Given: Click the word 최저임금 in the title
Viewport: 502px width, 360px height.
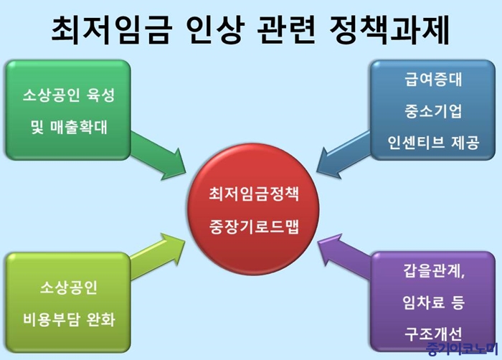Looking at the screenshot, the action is [x=110, y=29].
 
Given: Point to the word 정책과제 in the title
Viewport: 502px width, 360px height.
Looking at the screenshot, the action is [x=389, y=29].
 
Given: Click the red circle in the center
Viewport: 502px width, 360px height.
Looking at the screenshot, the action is [x=253, y=209].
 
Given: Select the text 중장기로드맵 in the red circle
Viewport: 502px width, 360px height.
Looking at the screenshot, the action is [x=254, y=227].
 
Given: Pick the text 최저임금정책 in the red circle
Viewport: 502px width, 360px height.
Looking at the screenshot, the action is [x=254, y=194].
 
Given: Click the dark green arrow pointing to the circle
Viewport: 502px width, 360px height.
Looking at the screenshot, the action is [x=158, y=155].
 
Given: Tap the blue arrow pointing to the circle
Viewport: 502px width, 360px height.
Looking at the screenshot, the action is [x=344, y=154].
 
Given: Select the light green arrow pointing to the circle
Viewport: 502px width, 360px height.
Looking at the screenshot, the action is [x=158, y=257].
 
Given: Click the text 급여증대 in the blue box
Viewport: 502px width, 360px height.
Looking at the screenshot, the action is [x=433, y=80].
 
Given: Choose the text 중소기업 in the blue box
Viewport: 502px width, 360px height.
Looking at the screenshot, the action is [x=433, y=111].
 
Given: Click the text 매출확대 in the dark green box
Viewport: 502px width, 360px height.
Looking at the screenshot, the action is [x=78, y=127].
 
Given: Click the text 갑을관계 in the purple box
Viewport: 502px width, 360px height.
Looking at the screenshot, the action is [x=432, y=270].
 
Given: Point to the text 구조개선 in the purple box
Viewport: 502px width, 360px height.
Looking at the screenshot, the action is [x=433, y=333].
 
